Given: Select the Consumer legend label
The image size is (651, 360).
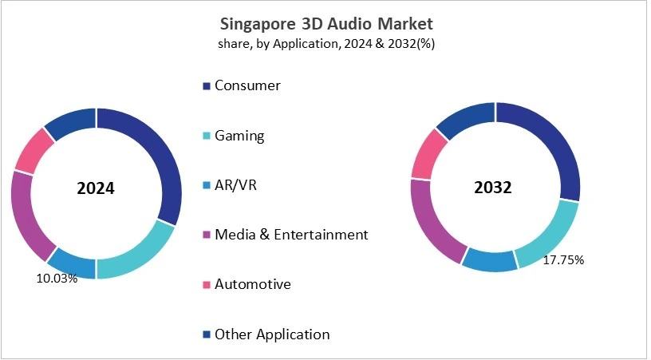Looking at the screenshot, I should click(247, 85).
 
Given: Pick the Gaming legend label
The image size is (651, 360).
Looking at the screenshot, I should click(239, 136).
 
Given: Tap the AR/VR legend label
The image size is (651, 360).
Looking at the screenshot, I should click(237, 185).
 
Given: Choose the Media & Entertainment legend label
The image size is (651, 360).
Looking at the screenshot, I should click(291, 235).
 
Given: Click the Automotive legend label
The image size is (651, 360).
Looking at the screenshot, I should click(252, 284).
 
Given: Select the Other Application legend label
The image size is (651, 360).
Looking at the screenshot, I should click(271, 334).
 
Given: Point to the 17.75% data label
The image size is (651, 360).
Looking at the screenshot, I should click(564, 259).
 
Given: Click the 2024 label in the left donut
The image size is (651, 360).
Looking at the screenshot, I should click(96, 189).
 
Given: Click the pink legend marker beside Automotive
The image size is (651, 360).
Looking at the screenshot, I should click(207, 285).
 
